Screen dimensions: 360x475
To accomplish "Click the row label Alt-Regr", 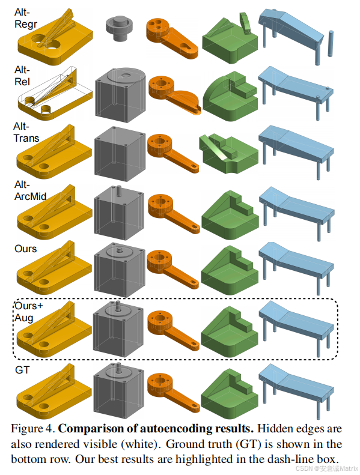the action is (25, 18).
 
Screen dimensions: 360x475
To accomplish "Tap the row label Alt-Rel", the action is (22, 76).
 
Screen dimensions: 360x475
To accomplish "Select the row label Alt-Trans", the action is (26, 132).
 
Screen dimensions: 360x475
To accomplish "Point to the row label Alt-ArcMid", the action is (30, 190).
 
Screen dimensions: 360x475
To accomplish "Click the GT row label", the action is (22, 370).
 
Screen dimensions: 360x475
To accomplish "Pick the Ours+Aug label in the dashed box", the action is (29, 312).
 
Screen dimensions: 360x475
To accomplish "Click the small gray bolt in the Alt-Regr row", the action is (119, 28).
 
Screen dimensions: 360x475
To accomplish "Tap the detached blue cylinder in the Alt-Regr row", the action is (331, 43).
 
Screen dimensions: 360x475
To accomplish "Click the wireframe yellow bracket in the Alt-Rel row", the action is (54, 94).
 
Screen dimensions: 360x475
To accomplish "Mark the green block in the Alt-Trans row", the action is (229, 153).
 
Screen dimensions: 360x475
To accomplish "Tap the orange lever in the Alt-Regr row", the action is (172, 38).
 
